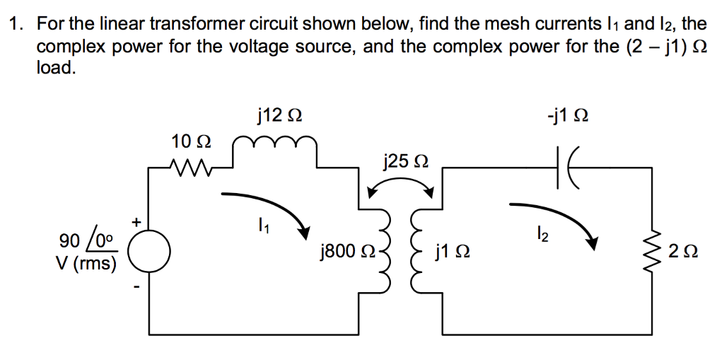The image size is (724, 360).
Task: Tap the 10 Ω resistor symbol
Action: coord(189,168)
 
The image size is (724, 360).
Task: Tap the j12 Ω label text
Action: coord(281,114)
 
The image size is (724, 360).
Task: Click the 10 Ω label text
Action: coord(191,141)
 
